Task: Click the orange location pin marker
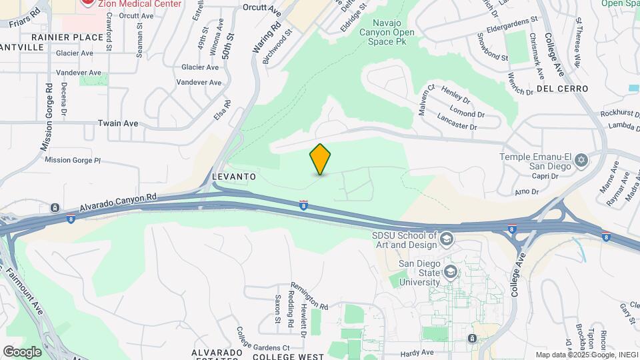pos(321,159)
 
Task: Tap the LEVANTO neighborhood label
pos(233,176)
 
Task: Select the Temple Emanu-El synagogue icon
pos(581,160)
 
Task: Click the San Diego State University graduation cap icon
pos(451,271)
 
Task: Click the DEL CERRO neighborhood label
pos(561,89)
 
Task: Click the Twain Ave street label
pos(117,123)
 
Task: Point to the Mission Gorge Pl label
pos(72,160)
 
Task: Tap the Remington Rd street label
pos(310,295)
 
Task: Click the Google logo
pos(22,351)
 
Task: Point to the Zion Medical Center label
pos(140,3)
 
